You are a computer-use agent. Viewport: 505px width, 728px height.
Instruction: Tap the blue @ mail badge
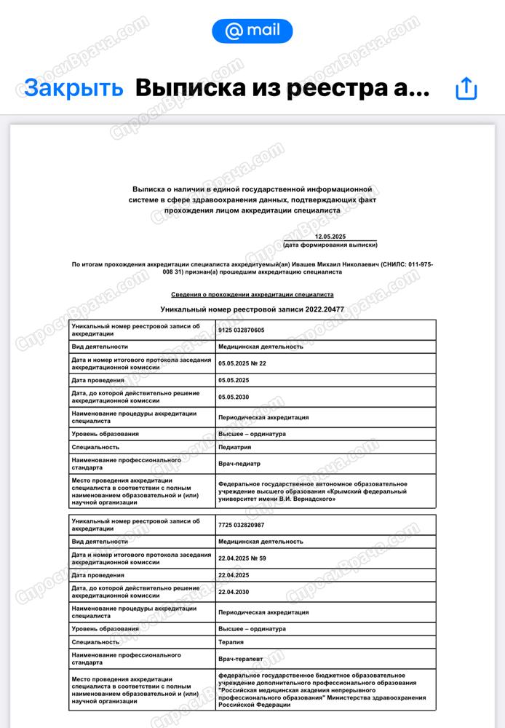pyautogui.click(x=252, y=31)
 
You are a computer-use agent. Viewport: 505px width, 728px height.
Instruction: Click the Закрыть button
pyautogui.click(x=73, y=87)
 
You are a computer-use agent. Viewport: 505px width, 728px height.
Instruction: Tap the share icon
pyautogui.click(x=466, y=88)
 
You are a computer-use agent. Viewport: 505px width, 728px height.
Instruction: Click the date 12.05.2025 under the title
pyautogui.click(x=330, y=237)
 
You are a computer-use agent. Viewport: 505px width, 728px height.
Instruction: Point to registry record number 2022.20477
pyautogui.click(x=325, y=309)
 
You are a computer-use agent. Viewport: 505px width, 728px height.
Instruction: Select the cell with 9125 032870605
pyautogui.click(x=242, y=331)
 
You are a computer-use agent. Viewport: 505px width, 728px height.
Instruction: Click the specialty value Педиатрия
pyautogui.click(x=235, y=447)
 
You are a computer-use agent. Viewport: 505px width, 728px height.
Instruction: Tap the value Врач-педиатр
pyautogui.click(x=239, y=463)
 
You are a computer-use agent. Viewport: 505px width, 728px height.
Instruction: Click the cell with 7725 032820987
pyautogui.click(x=242, y=525)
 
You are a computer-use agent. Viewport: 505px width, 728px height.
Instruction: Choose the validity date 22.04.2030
pyautogui.click(x=234, y=592)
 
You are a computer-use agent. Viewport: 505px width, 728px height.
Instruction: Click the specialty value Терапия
pyautogui.click(x=231, y=642)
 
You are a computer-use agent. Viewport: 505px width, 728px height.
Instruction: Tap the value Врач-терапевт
pyautogui.click(x=241, y=658)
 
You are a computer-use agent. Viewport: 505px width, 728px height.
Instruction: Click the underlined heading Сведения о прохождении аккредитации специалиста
pyautogui.click(x=252, y=295)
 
